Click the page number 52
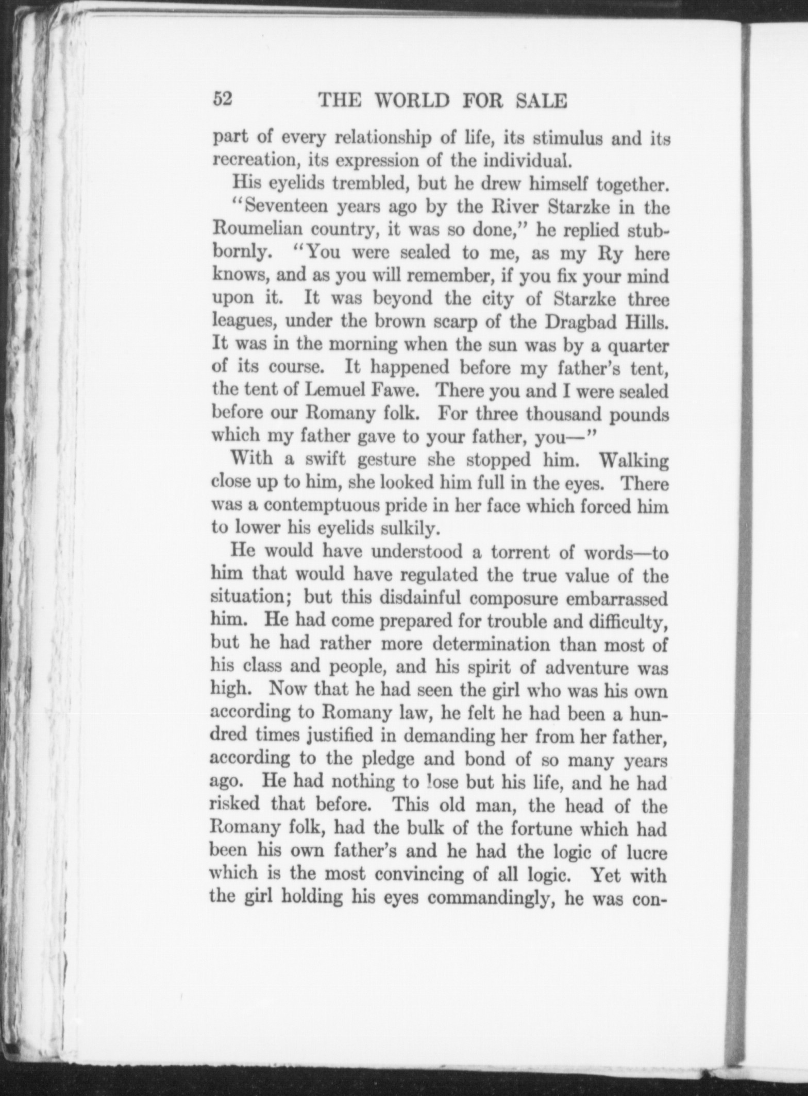coord(224,98)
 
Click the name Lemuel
coord(336,391)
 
